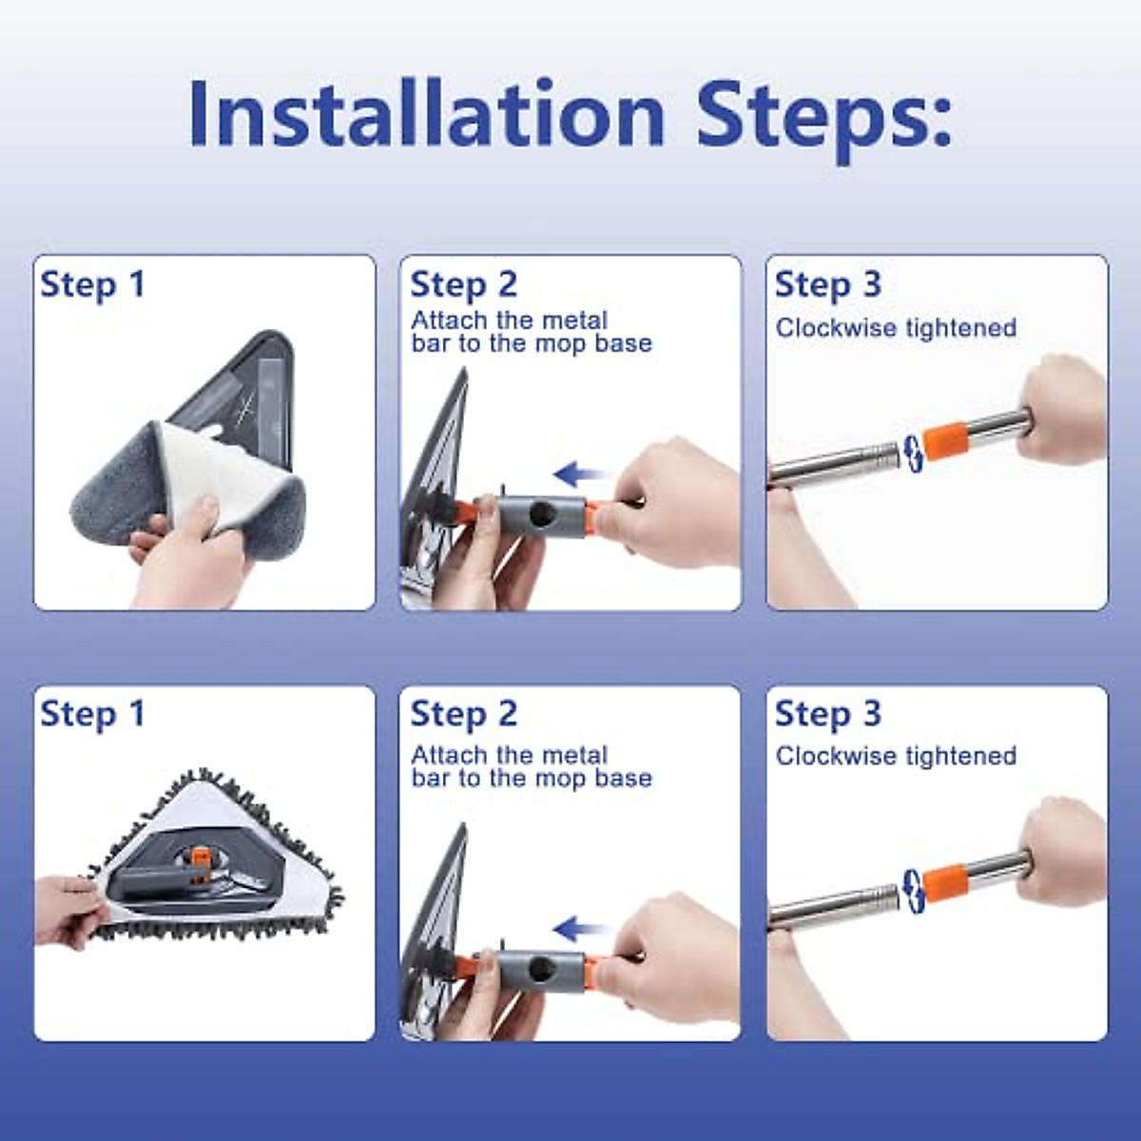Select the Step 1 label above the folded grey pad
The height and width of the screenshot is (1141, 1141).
pos(92,285)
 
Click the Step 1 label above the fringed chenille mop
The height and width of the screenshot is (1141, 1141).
pos(92,714)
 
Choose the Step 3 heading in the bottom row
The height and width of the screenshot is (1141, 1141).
pos(828,713)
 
